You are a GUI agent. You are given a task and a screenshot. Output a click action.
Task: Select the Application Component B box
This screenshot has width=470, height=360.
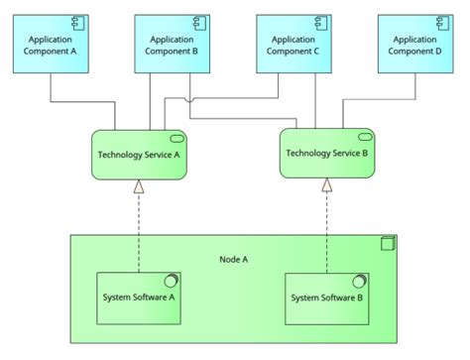pos(171,46)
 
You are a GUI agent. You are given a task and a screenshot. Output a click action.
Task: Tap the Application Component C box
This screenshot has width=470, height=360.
pos(293,46)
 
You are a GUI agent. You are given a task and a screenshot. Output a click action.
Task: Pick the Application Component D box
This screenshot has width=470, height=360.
pos(414,46)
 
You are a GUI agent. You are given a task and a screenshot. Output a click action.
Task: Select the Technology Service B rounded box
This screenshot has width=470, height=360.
pos(327,153)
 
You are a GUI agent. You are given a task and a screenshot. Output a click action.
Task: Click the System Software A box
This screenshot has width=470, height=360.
pos(140,297)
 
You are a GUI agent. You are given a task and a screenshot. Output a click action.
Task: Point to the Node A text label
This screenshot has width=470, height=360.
pos(233,260)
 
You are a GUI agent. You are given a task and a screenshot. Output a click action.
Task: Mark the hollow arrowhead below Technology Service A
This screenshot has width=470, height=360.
pos(140,186)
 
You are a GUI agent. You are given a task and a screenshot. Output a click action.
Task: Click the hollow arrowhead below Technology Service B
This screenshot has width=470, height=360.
pos(326,184)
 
